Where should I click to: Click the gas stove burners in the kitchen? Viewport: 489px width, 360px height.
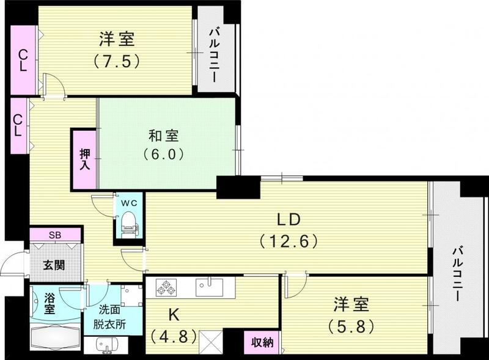166,286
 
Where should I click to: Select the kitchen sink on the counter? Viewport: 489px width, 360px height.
211,285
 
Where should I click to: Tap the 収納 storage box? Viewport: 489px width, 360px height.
263,342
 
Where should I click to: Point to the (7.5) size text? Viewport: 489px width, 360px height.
117,61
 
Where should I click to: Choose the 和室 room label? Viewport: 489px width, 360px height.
164,136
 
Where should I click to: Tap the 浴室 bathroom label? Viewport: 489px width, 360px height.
50,304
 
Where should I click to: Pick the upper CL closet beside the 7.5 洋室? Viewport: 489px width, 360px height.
23,59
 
